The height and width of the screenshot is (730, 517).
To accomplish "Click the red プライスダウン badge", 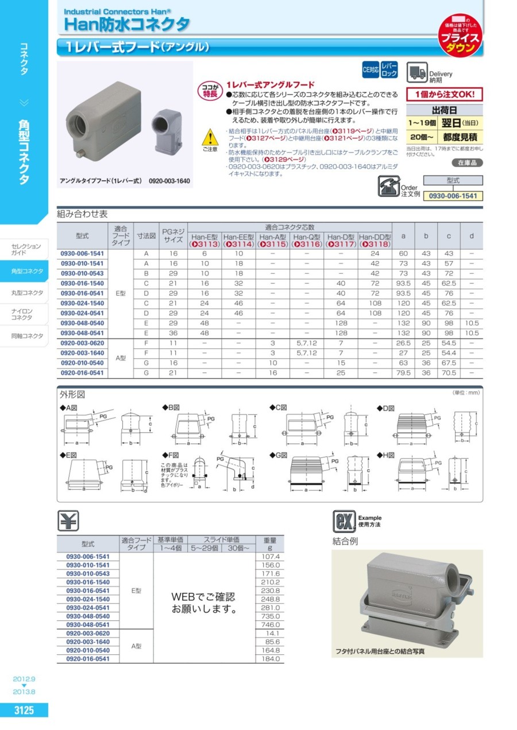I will pyautogui.click(x=461, y=37).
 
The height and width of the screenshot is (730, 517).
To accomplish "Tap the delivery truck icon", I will pyautogui.click(x=417, y=73).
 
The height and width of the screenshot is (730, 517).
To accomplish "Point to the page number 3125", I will pyautogui.click(x=24, y=710).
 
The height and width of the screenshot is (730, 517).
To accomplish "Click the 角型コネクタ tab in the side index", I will pyautogui.click(x=27, y=271).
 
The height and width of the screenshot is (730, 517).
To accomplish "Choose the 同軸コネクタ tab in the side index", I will pyautogui.click(x=27, y=336).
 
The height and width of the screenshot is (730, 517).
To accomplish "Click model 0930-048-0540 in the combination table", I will pyautogui.click(x=82, y=323).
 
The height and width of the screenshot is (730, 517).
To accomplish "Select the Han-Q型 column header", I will pyautogui.click(x=307, y=236).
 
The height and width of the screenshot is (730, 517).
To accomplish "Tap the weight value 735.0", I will pyautogui.click(x=269, y=616).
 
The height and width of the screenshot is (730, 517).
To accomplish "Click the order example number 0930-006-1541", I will pyautogui.click(x=453, y=196).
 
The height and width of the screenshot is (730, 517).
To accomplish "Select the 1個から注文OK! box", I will pyautogui.click(x=444, y=94).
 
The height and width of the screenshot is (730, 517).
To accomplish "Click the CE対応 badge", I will pyautogui.click(x=371, y=71).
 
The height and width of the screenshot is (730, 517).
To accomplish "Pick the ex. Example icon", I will pyautogui.click(x=344, y=521).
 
